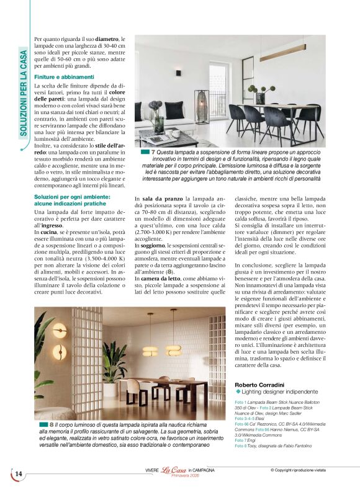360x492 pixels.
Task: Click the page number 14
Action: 18,474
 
